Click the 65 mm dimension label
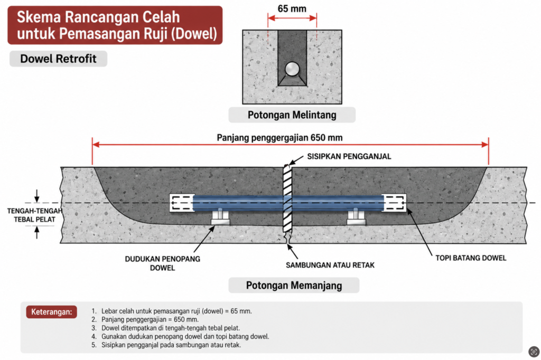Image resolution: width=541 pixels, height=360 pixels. [292, 8]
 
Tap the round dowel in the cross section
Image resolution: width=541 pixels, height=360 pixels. [292, 69]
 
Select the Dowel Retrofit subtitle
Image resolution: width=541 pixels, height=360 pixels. [58, 59]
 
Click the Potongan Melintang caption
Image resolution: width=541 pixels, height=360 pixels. [292, 115]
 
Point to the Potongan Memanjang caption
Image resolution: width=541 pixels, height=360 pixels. [294, 286]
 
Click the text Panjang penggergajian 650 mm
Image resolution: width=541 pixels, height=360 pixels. [279, 138]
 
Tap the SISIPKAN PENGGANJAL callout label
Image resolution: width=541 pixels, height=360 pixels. [349, 157]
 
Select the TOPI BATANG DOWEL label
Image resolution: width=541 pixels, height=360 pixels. [471, 258]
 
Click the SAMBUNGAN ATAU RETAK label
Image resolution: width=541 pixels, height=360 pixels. [330, 265]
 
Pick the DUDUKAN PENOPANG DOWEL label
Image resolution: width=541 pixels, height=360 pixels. [163, 263]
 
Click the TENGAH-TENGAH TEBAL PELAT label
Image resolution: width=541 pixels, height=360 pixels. [34, 215]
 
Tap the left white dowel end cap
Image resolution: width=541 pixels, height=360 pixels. [181, 203]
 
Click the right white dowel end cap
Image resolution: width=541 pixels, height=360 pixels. [394, 203]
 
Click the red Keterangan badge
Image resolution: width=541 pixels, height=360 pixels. [51, 312]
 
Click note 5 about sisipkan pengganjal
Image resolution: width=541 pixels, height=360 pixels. [166, 345]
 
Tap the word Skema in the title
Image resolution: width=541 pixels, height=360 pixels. [38, 17]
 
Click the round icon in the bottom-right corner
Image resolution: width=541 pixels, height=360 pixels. [534, 352]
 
